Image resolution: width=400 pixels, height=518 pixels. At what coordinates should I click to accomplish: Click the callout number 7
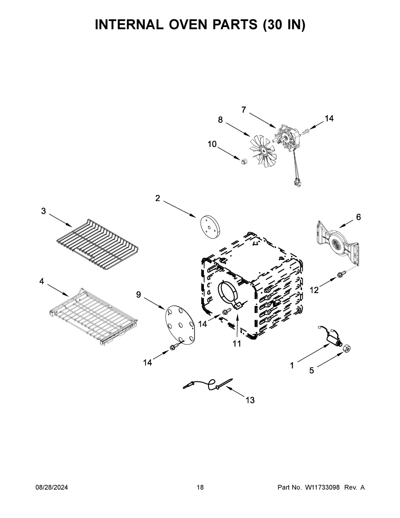[x=244, y=110]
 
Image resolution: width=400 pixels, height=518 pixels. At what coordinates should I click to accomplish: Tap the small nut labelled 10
[x=244, y=161]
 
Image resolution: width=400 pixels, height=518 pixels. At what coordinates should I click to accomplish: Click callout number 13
[x=250, y=400]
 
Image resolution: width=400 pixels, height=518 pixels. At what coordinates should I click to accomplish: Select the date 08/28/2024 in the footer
[x=52, y=488]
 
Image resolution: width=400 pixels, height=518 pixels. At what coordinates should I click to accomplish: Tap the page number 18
[x=200, y=488]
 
